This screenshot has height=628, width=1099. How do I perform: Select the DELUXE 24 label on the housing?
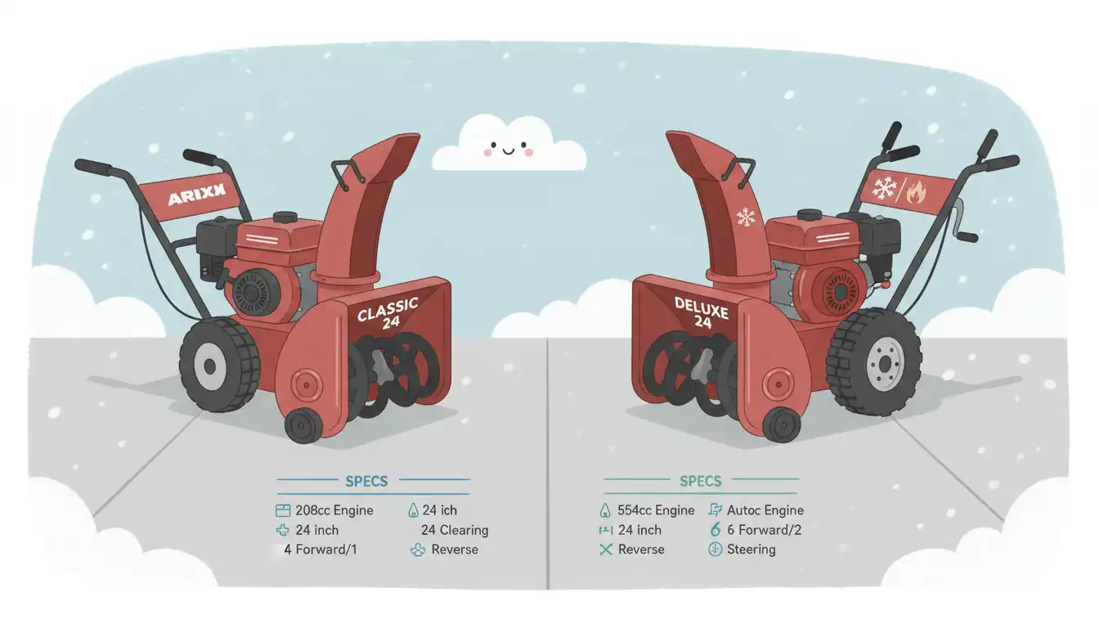pyautogui.click(x=702, y=312)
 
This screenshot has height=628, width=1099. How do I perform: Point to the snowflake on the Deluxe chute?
pyautogui.click(x=745, y=217)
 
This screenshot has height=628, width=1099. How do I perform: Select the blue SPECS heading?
pyautogui.click(x=366, y=481)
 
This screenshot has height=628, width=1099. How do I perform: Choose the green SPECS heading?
pyautogui.click(x=701, y=481)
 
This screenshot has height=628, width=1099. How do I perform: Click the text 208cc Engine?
pyautogui.click(x=334, y=510)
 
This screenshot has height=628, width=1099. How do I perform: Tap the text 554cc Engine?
pyautogui.click(x=657, y=510)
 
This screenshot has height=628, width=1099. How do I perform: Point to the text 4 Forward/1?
pyautogui.click(x=321, y=549)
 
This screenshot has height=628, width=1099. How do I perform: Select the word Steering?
pyautogui.click(x=751, y=549)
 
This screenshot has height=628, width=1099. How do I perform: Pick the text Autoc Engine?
pyautogui.click(x=765, y=510)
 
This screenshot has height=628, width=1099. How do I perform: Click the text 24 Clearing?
pyautogui.click(x=455, y=530)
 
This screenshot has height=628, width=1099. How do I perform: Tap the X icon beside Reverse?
pyautogui.click(x=605, y=549)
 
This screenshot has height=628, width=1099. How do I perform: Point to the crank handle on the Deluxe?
pyautogui.click(x=965, y=221)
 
